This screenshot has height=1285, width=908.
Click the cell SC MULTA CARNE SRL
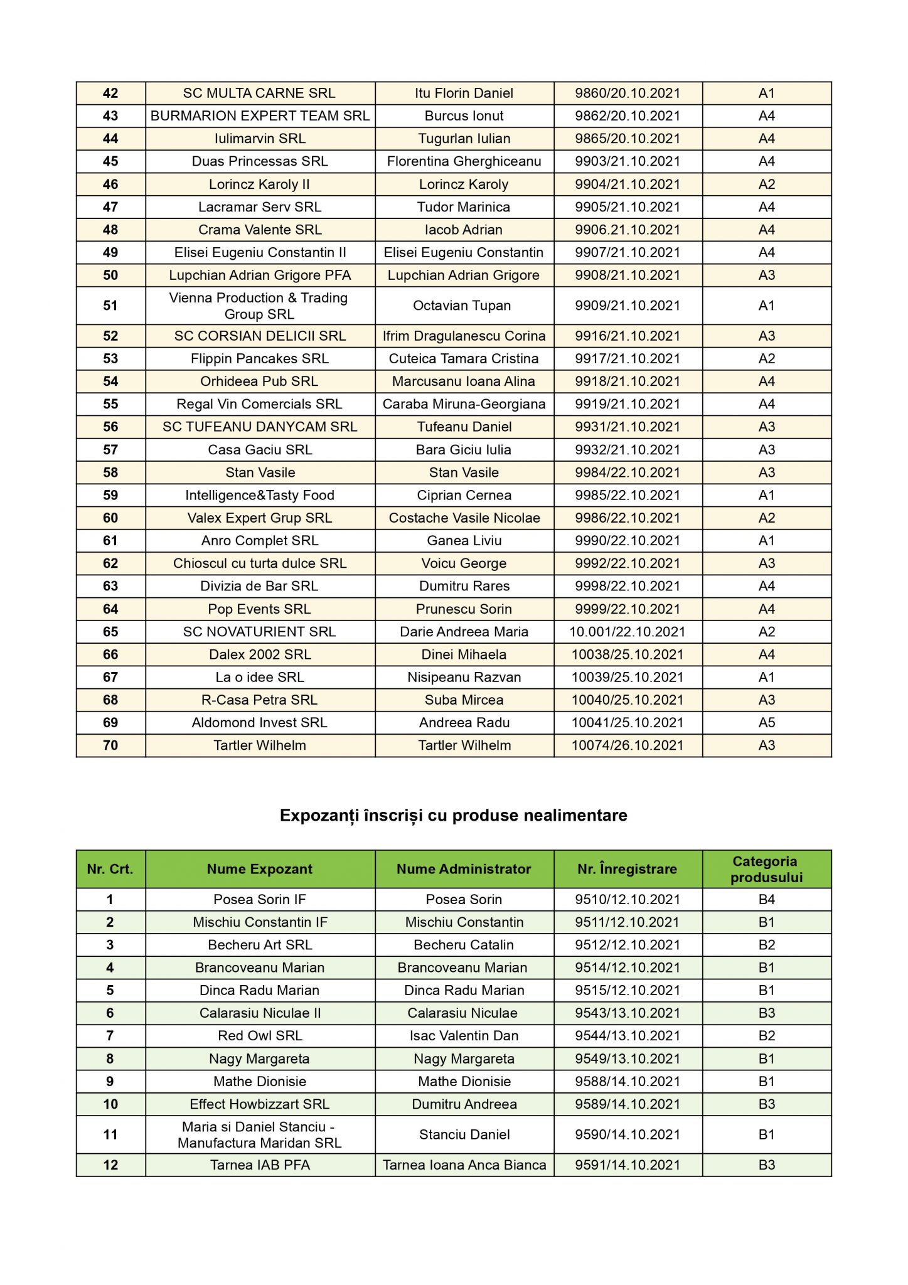(259, 93)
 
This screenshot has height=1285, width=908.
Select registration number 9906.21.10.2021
(628, 230)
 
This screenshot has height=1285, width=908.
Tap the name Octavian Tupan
(464, 306)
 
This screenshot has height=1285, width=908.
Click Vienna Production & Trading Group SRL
(259, 306)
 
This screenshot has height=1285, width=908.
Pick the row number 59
(110, 495)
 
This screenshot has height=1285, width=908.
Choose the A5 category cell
(766, 722)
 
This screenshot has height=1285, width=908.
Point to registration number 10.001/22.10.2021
(628, 632)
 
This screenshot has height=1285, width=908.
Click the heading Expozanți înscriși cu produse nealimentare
(453, 815)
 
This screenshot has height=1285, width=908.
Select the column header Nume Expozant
(259, 869)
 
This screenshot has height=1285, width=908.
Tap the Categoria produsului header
(766, 869)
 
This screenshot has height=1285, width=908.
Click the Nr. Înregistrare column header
(628, 869)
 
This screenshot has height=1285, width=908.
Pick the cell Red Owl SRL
(259, 1035)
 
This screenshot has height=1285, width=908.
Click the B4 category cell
(766, 899)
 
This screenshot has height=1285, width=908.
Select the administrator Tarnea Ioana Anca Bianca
(464, 1165)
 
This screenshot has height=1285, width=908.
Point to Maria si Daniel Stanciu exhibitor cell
(259, 1134)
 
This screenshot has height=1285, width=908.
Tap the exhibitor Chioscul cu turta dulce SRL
(259, 563)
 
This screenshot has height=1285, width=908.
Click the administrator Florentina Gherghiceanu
(464, 161)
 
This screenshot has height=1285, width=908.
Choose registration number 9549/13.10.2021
(628, 1058)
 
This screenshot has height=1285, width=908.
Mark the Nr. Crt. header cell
(110, 869)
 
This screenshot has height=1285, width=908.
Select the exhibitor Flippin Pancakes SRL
(259, 359)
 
